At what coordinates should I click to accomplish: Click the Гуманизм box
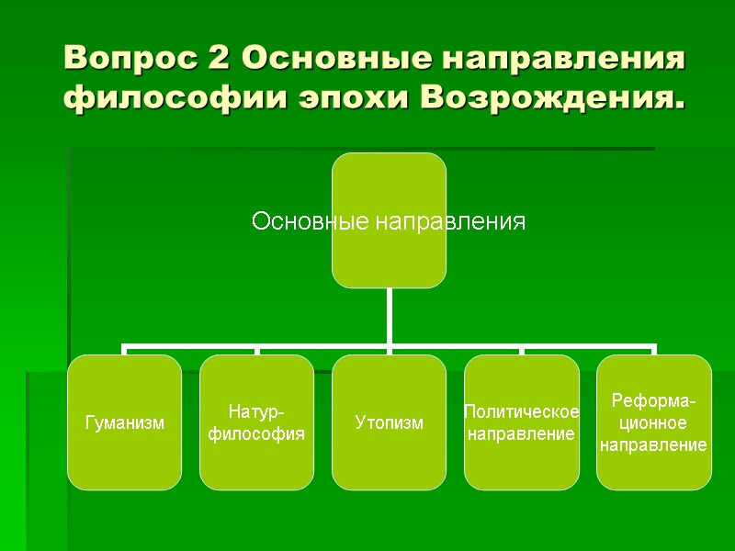pyautogui.click(x=124, y=422)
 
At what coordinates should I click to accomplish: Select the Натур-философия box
pyautogui.click(x=256, y=422)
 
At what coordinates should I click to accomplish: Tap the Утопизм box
pyautogui.click(x=389, y=422)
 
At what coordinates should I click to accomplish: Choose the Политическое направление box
pyautogui.click(x=521, y=422)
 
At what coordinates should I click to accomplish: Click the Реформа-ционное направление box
pyautogui.click(x=653, y=422)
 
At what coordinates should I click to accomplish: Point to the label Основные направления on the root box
pyautogui.click(x=389, y=221)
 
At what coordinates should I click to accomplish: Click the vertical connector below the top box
pyautogui.click(x=389, y=318)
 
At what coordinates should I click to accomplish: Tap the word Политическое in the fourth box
pyautogui.click(x=521, y=411)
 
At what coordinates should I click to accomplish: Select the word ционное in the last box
pyautogui.click(x=653, y=423)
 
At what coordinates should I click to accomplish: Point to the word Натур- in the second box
pyautogui.click(x=256, y=411)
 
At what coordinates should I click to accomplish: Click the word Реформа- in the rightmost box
pyautogui.click(x=653, y=402)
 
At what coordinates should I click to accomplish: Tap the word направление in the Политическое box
pyautogui.click(x=521, y=433)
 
